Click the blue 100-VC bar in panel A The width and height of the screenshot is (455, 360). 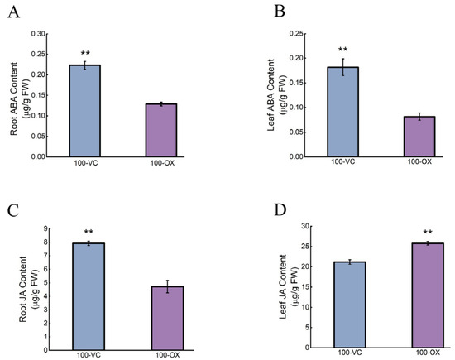84,111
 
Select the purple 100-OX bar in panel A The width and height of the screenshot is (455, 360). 161,131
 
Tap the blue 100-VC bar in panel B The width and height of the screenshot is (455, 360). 343,112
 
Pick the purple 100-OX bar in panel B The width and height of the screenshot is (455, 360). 419,137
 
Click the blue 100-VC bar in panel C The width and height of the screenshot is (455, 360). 89,296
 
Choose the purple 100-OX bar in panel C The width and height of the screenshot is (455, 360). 168,318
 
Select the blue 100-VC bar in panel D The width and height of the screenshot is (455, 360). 350,305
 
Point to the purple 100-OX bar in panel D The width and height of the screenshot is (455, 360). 428,295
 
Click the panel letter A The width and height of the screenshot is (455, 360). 13,12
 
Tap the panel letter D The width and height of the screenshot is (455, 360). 280,210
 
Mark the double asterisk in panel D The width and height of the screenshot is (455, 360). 428,232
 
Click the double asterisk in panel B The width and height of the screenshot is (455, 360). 343,49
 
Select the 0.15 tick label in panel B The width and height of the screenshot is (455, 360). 296,83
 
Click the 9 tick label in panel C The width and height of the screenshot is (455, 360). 45,228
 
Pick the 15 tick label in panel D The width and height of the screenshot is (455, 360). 303,287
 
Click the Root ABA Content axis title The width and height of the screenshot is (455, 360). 13,98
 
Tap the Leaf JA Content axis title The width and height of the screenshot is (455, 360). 283,286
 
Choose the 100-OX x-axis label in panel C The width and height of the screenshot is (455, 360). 168,355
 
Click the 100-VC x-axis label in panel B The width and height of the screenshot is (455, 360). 343,161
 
